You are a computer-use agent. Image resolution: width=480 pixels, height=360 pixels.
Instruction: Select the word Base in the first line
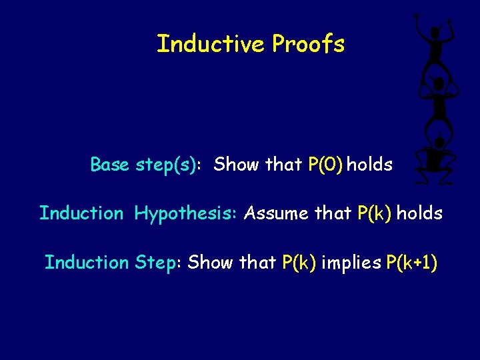pyautogui.click(x=110, y=164)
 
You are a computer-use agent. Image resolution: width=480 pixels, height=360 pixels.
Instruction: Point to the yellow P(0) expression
pyautogui.click(x=325, y=165)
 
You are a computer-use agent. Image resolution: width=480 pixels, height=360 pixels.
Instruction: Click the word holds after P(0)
pyautogui.click(x=369, y=164)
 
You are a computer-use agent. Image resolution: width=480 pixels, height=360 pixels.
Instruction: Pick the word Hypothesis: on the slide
pyautogui.click(x=186, y=214)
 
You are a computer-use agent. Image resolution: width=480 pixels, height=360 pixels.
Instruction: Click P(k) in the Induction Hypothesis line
pyautogui.click(x=375, y=213)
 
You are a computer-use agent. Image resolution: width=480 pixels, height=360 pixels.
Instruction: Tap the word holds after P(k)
pyautogui.click(x=419, y=213)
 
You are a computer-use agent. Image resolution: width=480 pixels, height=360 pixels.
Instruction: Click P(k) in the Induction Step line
pyautogui.click(x=299, y=263)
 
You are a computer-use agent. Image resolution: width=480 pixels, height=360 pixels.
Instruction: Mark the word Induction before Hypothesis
pyautogui.click(x=81, y=213)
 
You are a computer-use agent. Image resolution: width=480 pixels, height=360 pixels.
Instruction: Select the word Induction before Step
pyautogui.click(x=86, y=263)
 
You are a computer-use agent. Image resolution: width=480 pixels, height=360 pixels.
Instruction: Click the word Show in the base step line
pyautogui.click(x=237, y=164)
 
